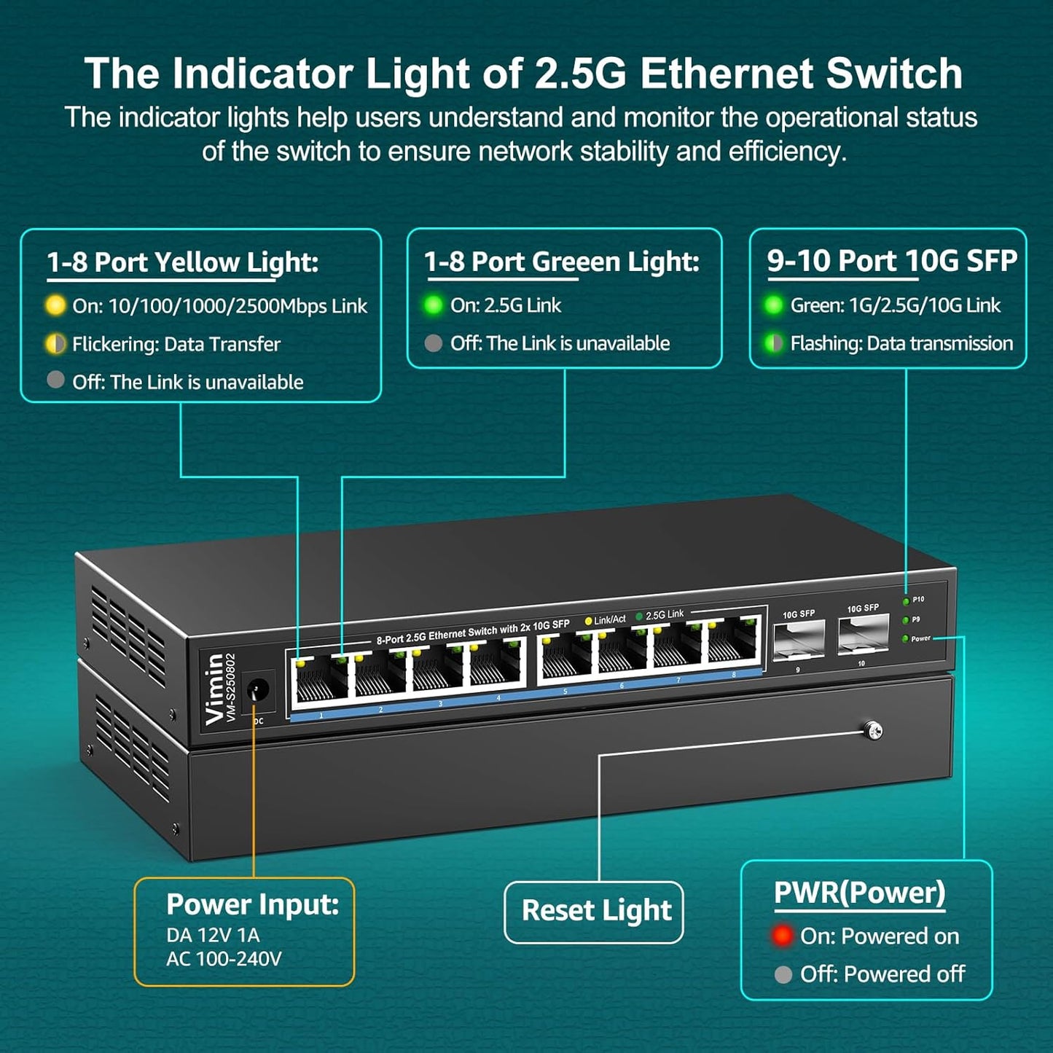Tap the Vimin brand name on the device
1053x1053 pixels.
(x=214, y=689)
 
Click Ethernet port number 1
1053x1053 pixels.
(x=320, y=678)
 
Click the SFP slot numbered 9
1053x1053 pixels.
(x=798, y=639)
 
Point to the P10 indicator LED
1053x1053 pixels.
(x=906, y=601)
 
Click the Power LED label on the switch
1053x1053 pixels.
(x=920, y=638)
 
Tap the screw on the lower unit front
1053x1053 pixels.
(x=872, y=729)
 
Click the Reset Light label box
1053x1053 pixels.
(x=594, y=911)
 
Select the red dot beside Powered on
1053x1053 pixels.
(x=783, y=936)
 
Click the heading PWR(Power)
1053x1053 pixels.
(x=859, y=893)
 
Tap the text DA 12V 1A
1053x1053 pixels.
(x=212, y=935)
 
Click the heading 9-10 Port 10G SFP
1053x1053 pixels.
(x=891, y=261)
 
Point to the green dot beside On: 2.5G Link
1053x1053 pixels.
(x=433, y=305)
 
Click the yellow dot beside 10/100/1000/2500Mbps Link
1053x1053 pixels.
(x=55, y=305)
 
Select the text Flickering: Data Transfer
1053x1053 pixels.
(x=176, y=344)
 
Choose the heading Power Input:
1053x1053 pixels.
(x=252, y=904)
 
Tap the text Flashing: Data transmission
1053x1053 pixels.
(x=901, y=343)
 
